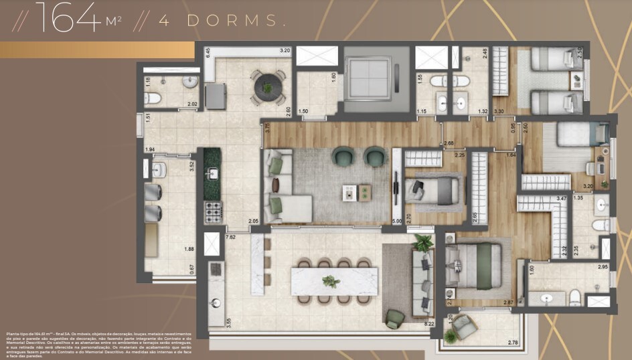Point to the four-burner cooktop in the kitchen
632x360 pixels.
coord(213,212)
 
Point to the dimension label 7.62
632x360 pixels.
coord(231,238)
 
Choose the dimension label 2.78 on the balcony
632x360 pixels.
coord(512,343)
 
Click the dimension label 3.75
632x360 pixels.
coord(267,129)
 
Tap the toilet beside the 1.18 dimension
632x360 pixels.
coord(153,98)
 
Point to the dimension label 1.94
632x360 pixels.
coord(150,149)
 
